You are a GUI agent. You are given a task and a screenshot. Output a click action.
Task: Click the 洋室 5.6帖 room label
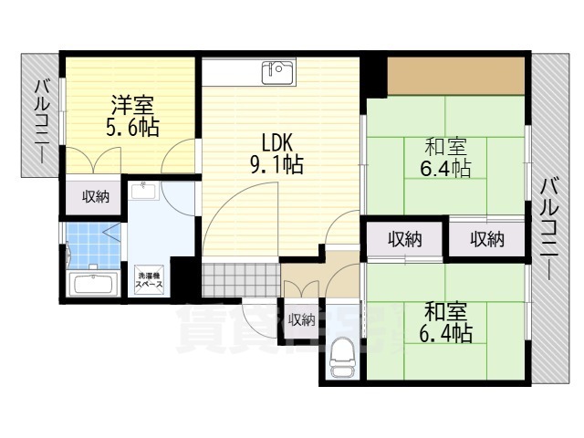(x=131, y=115)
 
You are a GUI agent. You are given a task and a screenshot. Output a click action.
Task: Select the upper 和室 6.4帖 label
(x=446, y=158)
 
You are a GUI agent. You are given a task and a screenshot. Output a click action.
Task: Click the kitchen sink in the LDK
(x=277, y=71)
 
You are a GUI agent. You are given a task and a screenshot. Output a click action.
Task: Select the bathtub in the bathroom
(x=93, y=283)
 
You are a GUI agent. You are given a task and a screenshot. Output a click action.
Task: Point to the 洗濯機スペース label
(x=151, y=279)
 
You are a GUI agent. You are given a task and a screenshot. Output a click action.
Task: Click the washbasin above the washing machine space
(x=144, y=192)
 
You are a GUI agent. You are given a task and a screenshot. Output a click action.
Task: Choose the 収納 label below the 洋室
(x=94, y=195)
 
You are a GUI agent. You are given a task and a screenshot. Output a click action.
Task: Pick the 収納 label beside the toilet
(x=301, y=319)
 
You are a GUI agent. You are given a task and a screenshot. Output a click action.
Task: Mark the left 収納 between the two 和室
(x=405, y=239)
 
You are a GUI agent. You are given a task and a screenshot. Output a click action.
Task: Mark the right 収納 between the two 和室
(x=487, y=239)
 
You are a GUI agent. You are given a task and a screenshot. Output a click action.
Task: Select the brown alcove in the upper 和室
(x=455, y=76)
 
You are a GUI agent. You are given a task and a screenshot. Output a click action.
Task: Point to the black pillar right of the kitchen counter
(x=373, y=73)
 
